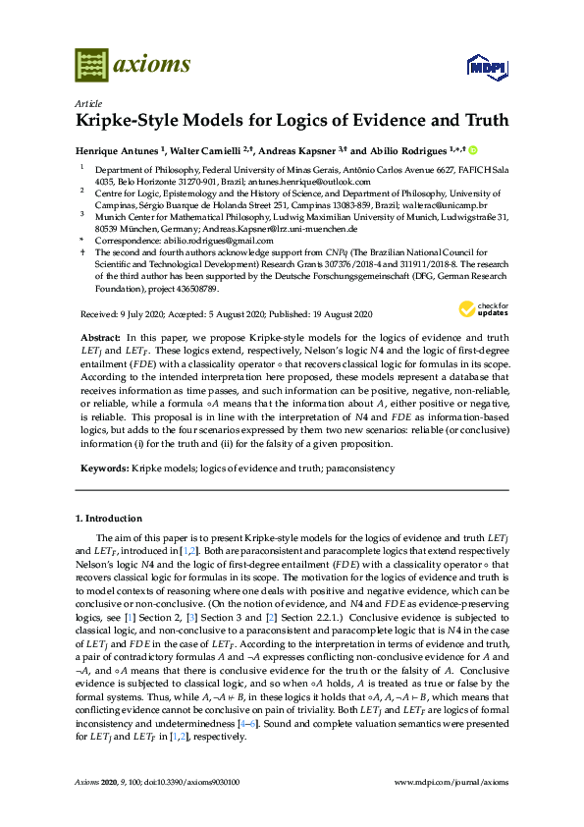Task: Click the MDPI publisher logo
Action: point(483,67)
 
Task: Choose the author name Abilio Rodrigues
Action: point(404,150)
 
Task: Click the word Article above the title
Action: point(86,102)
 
